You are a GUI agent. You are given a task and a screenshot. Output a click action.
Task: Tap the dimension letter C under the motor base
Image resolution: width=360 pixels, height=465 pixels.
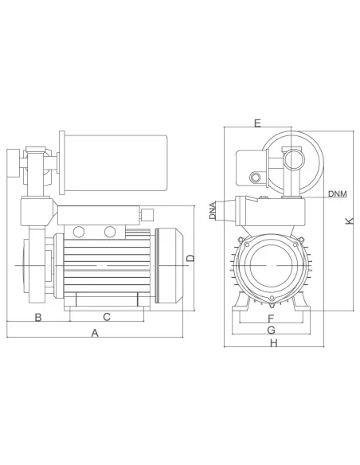106,317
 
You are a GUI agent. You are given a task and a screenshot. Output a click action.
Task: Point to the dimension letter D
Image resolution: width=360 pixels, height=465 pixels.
190,258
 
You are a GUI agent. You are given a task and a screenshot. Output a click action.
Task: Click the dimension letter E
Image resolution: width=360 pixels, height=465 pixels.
256,123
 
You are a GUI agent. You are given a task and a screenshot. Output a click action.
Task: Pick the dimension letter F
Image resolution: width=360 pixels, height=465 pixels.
271,318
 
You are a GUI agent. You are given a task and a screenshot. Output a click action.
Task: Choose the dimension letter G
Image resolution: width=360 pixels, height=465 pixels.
271,330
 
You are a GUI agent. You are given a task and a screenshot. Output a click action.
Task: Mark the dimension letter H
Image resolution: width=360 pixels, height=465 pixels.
273,343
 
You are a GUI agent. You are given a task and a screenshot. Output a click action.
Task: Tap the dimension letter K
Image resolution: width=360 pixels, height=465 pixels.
349,221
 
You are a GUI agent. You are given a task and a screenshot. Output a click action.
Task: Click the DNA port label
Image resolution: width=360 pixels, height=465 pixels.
213,211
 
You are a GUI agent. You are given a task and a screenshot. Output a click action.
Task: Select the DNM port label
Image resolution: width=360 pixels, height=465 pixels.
336,194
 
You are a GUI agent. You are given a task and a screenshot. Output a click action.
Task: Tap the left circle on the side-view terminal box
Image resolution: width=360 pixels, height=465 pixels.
78,232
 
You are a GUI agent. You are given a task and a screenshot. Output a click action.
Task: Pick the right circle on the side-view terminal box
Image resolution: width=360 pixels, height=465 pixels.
109,232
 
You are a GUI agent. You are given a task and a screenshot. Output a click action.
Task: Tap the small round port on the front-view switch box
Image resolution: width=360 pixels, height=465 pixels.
256,179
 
